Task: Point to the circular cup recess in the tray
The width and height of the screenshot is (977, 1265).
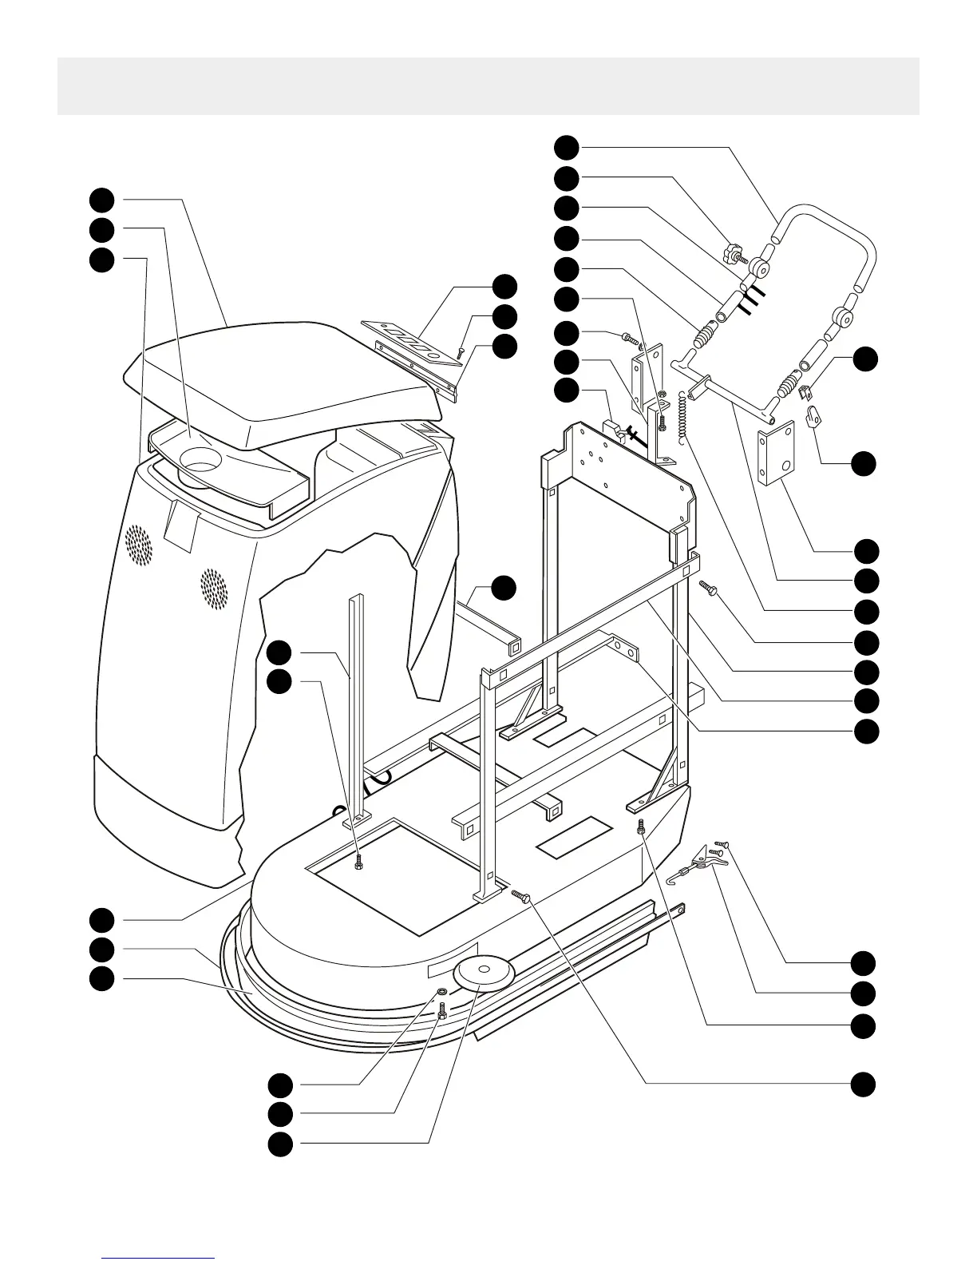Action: [x=200, y=461]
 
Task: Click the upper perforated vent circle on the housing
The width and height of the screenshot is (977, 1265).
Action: [x=138, y=545]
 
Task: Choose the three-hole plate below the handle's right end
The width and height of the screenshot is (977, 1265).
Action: [x=776, y=454]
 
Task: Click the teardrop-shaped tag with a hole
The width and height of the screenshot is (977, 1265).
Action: [x=815, y=416]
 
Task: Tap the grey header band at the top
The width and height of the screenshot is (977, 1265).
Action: [x=488, y=85]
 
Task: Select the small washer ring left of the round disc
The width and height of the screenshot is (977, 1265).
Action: [x=440, y=992]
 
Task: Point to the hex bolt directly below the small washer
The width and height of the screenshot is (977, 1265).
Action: [x=442, y=1011]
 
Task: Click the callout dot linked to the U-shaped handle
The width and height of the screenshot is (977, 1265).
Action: [x=567, y=146]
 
